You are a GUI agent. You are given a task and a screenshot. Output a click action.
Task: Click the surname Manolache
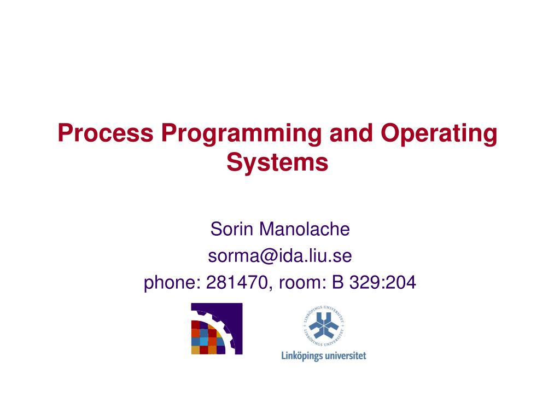(x=305, y=229)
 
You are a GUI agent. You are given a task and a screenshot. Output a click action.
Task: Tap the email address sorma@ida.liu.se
(x=279, y=255)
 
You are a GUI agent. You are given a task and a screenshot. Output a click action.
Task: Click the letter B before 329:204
(x=338, y=282)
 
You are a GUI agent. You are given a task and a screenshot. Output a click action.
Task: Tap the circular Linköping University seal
(x=323, y=328)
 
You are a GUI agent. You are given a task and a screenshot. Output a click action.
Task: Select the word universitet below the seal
(x=346, y=355)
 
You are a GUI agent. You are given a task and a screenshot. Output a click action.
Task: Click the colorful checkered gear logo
(x=217, y=328)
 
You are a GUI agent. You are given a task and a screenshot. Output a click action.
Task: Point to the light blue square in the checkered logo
(x=203, y=341)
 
